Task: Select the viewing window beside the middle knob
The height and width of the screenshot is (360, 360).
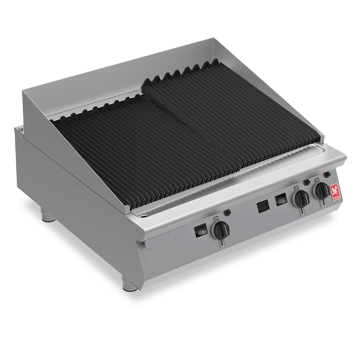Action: click(281, 199)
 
